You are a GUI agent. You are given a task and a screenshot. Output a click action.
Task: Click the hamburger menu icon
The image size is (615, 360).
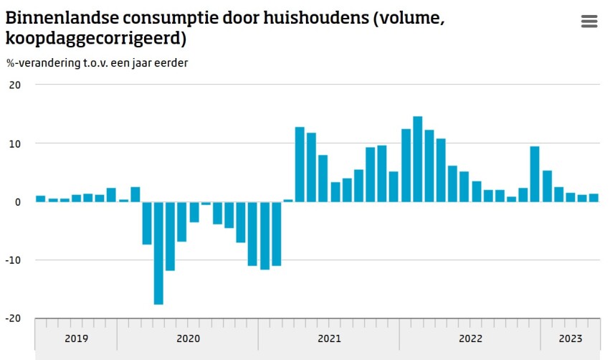click(588, 22)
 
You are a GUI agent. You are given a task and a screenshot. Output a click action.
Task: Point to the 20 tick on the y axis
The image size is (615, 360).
click(15, 85)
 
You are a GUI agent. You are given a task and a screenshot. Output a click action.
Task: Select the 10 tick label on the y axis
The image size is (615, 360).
click(15, 143)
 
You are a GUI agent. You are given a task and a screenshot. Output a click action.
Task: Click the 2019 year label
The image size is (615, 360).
click(76, 338)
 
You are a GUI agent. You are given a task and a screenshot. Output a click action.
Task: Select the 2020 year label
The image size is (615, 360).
click(188, 338)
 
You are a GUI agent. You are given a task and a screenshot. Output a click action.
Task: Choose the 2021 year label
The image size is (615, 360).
click(329, 338)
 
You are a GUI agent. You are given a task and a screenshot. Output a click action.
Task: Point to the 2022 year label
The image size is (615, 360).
click(470, 338)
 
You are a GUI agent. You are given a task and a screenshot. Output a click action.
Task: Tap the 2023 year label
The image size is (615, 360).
click(570, 338)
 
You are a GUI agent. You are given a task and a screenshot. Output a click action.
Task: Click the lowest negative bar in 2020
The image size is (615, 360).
click(158, 253)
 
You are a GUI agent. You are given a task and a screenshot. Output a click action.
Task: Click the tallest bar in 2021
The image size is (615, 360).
click(300, 164)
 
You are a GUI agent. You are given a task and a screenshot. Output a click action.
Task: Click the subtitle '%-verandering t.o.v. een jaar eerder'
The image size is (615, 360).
click(97, 62)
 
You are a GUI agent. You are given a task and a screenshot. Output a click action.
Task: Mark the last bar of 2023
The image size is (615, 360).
click(593, 198)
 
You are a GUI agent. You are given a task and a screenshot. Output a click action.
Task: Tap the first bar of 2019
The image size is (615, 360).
click(41, 199)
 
